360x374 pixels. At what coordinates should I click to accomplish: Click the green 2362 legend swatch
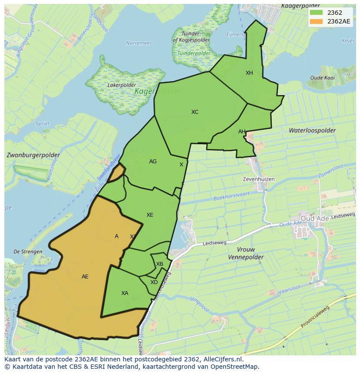click(316, 12)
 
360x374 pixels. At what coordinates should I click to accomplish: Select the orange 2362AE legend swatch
click(316, 21)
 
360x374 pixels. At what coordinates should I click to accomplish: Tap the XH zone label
click(249, 73)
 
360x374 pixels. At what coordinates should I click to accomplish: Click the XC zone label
click(195, 112)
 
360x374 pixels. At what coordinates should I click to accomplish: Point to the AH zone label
click(242, 132)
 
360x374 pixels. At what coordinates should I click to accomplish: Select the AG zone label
click(153, 162)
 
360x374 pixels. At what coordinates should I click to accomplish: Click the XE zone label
click(150, 215)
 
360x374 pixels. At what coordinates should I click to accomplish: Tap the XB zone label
click(160, 264)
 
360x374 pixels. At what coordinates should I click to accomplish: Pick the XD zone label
click(154, 282)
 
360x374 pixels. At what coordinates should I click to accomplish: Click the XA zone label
click(125, 293)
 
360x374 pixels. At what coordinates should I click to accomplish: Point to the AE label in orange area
click(85, 277)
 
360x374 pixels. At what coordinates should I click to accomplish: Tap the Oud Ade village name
click(315, 218)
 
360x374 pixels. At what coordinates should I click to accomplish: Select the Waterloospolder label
click(312, 130)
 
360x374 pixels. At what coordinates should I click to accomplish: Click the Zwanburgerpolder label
click(33, 155)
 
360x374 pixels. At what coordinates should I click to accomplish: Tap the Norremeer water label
click(139, 43)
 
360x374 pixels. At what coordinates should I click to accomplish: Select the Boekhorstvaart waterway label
click(232, 197)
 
